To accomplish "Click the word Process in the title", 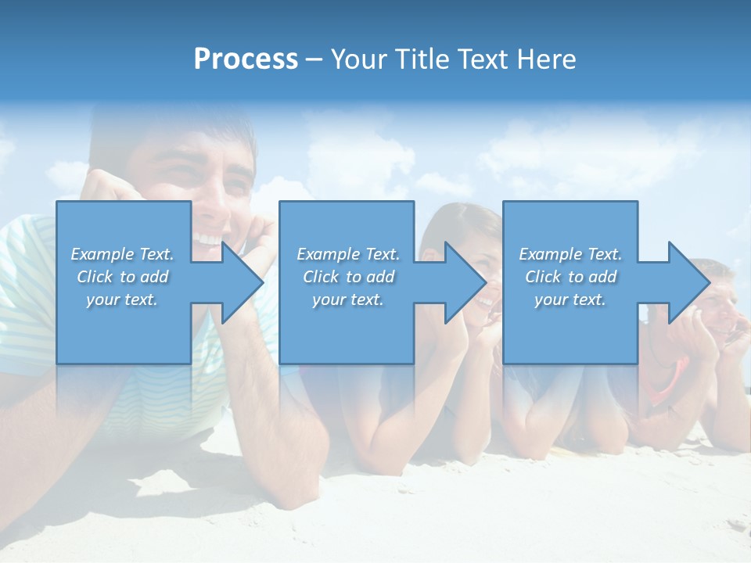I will (246, 59).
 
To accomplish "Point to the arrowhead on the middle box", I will (465, 282).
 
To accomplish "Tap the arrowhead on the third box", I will (688, 282).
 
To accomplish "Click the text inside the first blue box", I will (123, 277).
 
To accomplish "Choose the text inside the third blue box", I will (570, 277).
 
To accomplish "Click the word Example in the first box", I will (102, 254).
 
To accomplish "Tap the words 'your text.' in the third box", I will (570, 299).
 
